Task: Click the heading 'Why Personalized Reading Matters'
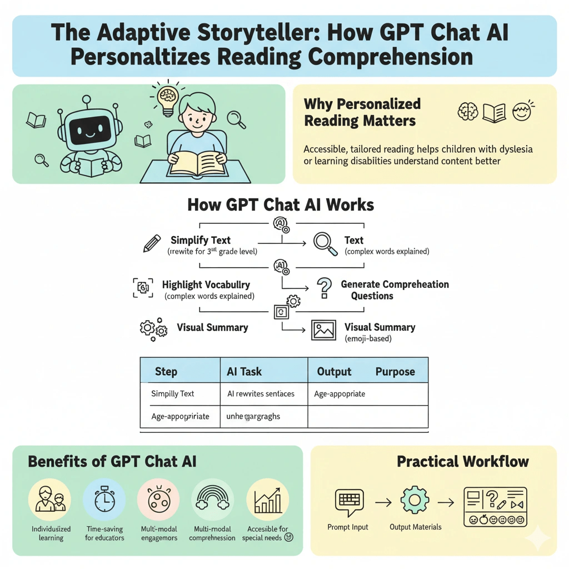tap(362, 112)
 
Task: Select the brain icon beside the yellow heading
tap(467, 112)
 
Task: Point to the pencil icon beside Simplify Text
tap(152, 244)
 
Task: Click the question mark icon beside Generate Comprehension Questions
tap(323, 290)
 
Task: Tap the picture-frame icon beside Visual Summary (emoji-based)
tap(323, 330)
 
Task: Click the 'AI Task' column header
tap(244, 372)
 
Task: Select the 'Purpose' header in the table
tap(395, 372)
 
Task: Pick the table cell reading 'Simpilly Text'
tap(173, 394)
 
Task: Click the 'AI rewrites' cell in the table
tap(261, 394)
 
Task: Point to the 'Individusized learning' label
tap(51, 533)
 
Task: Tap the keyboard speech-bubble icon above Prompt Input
tap(348, 500)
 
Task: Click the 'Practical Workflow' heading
tap(462, 461)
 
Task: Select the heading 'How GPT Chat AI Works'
tap(281, 204)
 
